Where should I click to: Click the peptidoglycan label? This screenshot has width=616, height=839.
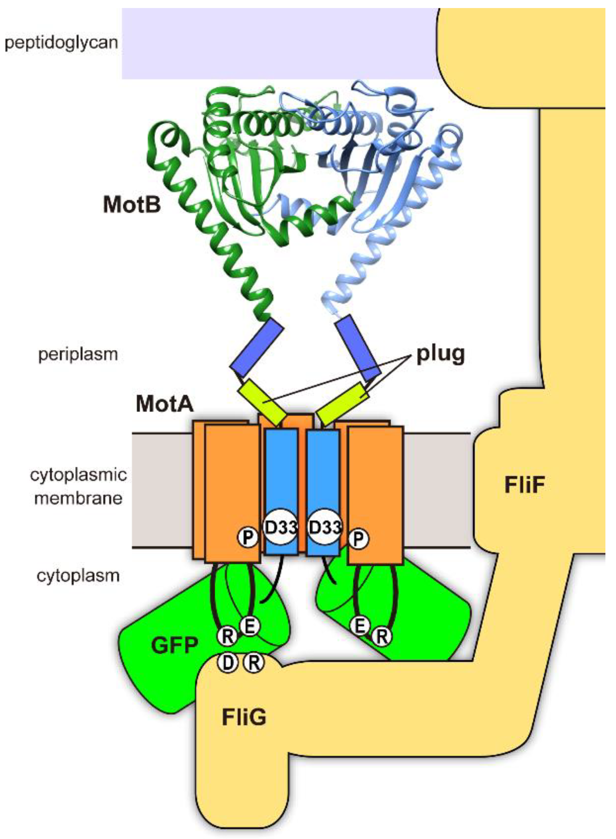click(61, 43)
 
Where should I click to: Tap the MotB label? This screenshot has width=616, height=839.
click(132, 205)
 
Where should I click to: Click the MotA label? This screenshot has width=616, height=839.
click(165, 404)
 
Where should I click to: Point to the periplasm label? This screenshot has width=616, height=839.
click(78, 354)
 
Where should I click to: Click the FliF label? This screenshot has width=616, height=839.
click(524, 485)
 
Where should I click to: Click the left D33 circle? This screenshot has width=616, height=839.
click(281, 527)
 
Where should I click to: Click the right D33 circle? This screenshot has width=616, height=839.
click(325, 527)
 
